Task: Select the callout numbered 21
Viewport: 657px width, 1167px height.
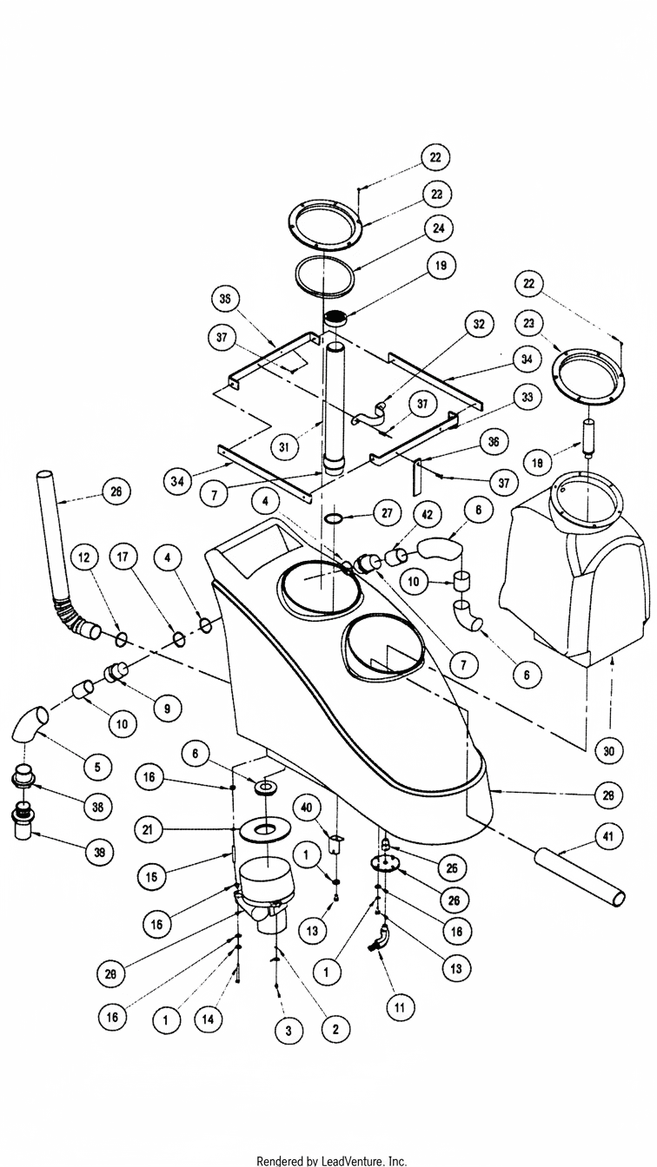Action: pos(150,830)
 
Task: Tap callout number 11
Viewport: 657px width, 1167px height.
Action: pos(400,1007)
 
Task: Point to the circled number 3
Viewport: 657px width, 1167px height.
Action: pos(289,1031)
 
